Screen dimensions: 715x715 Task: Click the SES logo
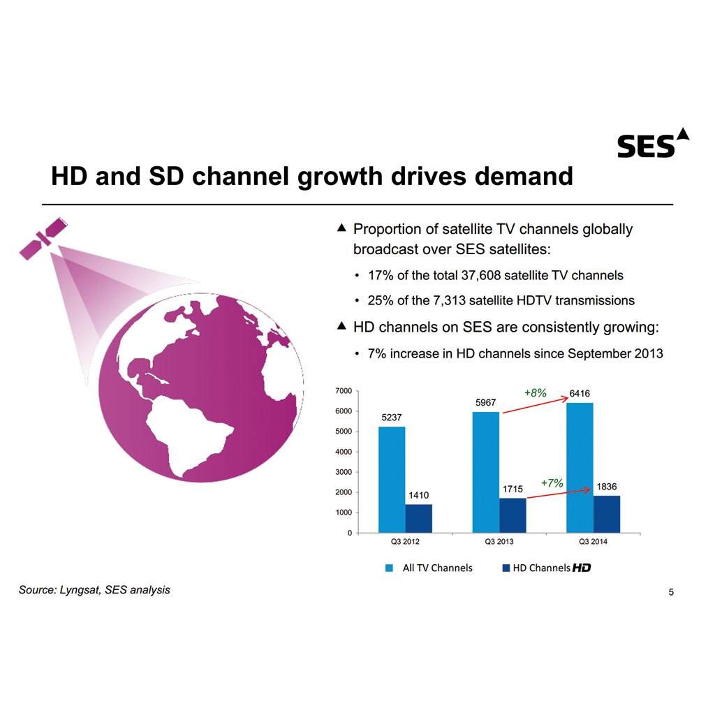click(652, 143)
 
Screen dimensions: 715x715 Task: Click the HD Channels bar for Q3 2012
click(419, 518)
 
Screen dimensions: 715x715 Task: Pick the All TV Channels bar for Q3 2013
click(486, 472)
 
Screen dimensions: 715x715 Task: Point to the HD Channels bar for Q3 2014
click(607, 514)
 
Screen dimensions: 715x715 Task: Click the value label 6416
click(580, 394)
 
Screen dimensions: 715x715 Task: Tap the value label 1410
click(419, 495)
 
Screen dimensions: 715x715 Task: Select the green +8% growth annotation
click(535, 393)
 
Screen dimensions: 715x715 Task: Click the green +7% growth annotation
click(552, 482)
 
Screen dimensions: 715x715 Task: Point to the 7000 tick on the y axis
click(344, 391)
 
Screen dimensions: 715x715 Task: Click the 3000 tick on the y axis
click(344, 472)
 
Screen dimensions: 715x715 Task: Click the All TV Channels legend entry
click(430, 568)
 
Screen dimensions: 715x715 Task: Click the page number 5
click(671, 593)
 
